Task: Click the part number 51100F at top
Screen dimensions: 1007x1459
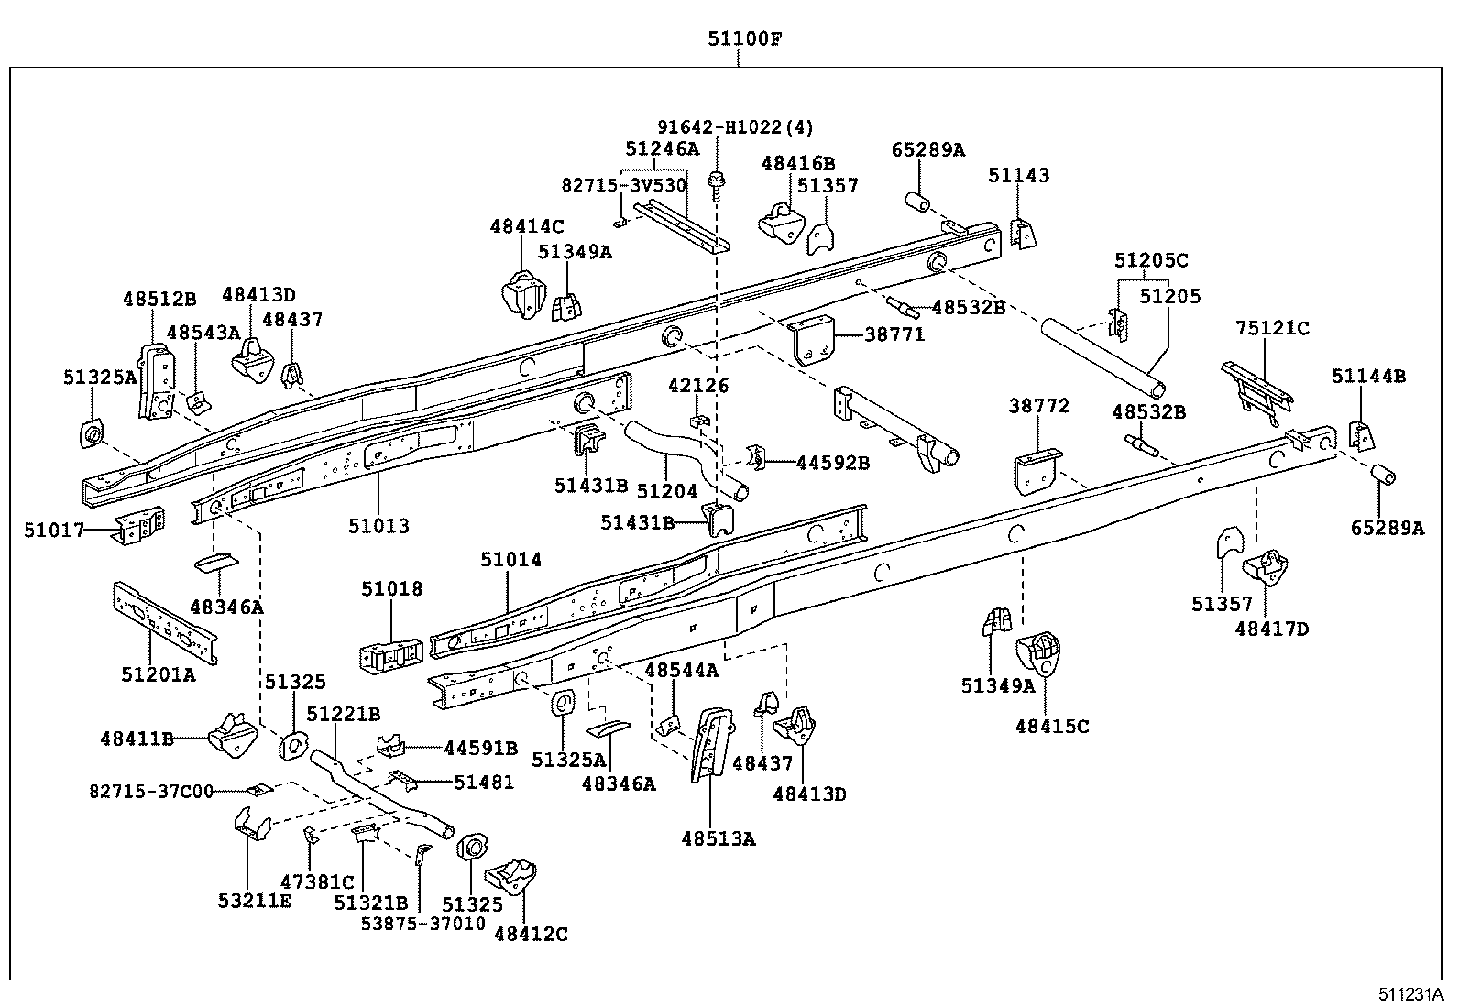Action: click(743, 38)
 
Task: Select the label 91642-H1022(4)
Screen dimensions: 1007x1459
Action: click(735, 127)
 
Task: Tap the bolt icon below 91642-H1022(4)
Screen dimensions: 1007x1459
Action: click(716, 186)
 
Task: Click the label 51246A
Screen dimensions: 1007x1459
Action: click(662, 148)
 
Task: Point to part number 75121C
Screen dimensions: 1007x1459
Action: click(1272, 328)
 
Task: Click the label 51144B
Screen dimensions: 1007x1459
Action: click(1368, 376)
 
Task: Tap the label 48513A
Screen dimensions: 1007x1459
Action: click(719, 837)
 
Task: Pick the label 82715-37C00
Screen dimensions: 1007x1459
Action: click(151, 790)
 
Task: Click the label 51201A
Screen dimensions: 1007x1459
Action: click(159, 674)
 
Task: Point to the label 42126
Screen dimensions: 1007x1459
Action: click(698, 386)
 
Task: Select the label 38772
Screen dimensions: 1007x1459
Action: click(1039, 405)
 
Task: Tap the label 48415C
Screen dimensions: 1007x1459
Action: click(1052, 727)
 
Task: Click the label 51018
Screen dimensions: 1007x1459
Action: click(392, 588)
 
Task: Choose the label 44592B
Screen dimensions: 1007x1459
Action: click(832, 463)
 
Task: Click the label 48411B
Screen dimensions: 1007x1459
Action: click(137, 738)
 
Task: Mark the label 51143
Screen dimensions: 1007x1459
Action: click(1019, 175)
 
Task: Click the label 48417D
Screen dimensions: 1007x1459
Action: click(1272, 629)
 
